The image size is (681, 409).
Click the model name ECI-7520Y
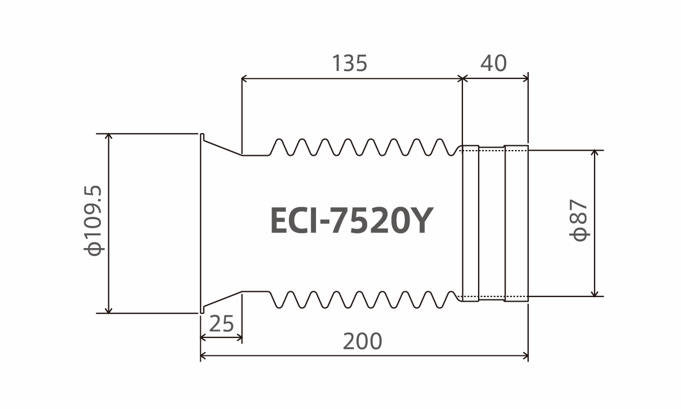[352, 220]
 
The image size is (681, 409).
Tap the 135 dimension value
[349, 63]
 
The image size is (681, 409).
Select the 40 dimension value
[494, 63]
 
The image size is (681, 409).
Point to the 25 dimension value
[221, 324]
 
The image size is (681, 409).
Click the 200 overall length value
[363, 341]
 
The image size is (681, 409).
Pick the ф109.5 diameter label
[94, 221]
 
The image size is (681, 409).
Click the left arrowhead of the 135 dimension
[244, 78]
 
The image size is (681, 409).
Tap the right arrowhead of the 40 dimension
[525, 78]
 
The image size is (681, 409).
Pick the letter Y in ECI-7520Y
[420, 221]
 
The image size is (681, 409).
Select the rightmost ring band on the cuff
[517, 223]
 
